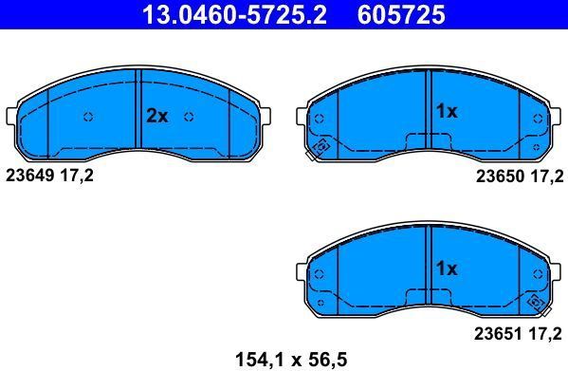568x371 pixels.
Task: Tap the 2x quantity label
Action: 156,117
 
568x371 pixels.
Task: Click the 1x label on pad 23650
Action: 446,112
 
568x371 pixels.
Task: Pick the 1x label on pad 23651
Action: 446,269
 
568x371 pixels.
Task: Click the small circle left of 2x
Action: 88,117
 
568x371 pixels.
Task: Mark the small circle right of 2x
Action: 189,117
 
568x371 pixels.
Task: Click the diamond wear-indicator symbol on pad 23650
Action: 321,147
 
